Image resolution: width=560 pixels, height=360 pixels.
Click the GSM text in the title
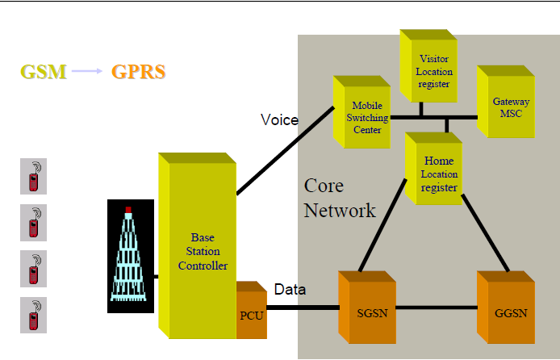pyautogui.click(x=43, y=72)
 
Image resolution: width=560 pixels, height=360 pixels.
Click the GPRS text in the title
pyautogui.click(x=139, y=72)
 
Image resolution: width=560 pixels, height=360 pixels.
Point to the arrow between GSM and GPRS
pyautogui.click(x=88, y=72)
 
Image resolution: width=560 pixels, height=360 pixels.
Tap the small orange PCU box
pyautogui.click(x=251, y=313)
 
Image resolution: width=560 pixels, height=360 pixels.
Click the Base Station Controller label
pyautogui.click(x=203, y=252)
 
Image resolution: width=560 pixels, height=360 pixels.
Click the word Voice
pyautogui.click(x=279, y=121)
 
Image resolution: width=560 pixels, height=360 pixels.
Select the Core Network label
pyautogui.click(x=339, y=199)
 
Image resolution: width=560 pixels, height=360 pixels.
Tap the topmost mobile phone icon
pyautogui.click(x=33, y=177)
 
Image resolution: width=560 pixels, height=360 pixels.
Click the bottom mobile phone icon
pyautogui.click(x=33, y=315)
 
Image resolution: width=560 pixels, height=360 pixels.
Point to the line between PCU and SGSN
pyautogui.click(x=302, y=308)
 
